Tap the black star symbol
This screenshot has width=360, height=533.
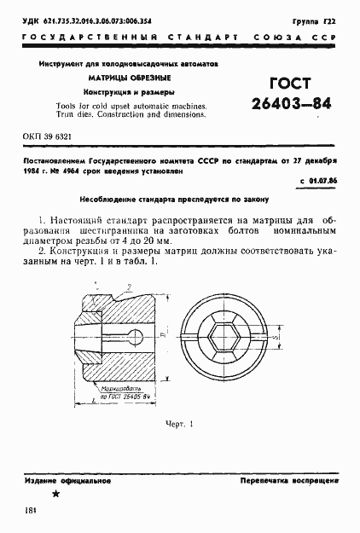click(x=55, y=495)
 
